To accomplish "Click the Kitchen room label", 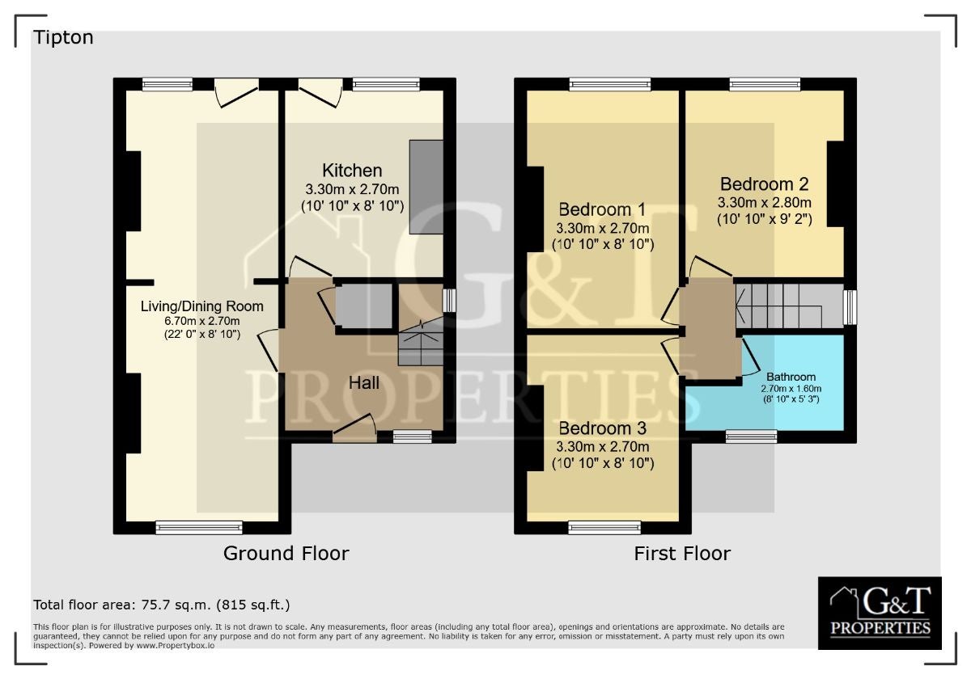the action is point(352,171).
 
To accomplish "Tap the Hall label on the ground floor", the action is point(364,383).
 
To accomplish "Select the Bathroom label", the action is point(791,377).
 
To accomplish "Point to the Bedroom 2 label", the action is point(764,184).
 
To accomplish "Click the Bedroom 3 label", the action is point(603,428).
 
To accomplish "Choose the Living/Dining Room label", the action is point(202,306).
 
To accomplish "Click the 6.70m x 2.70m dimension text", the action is point(202,322).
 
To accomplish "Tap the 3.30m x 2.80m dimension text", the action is point(764,203).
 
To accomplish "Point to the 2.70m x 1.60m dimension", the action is point(791,389).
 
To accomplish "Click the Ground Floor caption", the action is point(286,554).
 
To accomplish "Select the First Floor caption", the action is point(682,554).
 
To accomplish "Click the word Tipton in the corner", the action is point(63,38).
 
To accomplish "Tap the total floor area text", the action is point(162,605).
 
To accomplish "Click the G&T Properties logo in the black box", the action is point(880,613).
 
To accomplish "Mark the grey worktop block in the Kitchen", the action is point(426,187).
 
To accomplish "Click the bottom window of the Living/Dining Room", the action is point(199,528).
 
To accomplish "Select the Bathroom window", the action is point(751,436).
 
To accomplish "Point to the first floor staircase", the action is point(790,306).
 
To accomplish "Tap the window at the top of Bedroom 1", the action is point(610,84).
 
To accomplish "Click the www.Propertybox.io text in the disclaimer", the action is point(175,646).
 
